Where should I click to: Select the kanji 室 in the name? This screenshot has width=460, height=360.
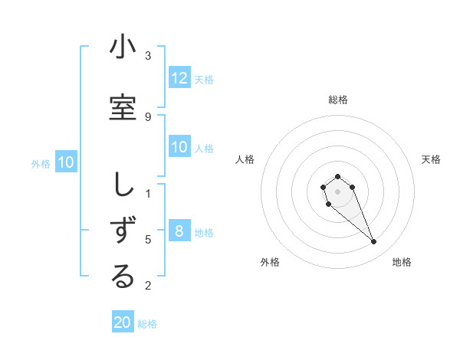[x=123, y=107]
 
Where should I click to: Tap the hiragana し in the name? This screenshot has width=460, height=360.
[x=123, y=185]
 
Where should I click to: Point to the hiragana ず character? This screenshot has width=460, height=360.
[x=123, y=230]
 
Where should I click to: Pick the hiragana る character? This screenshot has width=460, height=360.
[x=123, y=277]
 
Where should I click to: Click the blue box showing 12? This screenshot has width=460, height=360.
[x=179, y=79]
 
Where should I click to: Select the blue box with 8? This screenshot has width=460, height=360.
[x=179, y=232]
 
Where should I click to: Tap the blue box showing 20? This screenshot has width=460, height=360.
[x=123, y=322]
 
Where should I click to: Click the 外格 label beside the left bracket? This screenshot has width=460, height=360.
[x=40, y=163]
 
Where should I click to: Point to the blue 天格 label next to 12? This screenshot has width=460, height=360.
[x=204, y=80]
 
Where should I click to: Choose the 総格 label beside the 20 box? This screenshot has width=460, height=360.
[x=147, y=324]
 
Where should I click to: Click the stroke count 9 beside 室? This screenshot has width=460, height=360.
[x=148, y=116]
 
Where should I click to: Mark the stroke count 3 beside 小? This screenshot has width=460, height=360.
[x=148, y=56]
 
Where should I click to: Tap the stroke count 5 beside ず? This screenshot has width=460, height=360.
[x=148, y=239]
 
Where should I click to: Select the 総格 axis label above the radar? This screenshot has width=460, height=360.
[x=337, y=100]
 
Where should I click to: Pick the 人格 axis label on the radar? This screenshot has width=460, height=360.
[x=245, y=159]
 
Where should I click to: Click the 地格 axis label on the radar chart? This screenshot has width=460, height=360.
[x=402, y=262]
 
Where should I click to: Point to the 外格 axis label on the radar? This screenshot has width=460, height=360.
[x=270, y=262]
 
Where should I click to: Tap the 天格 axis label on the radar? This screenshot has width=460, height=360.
[x=431, y=159]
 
